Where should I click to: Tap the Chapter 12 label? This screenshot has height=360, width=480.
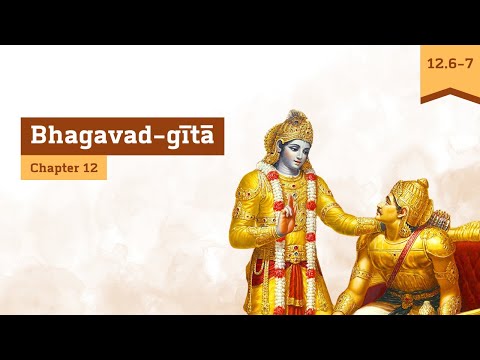tap(64, 167)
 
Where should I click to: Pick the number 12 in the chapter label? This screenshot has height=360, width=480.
tap(91, 167)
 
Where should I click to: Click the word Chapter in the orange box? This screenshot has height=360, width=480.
tap(54, 167)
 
